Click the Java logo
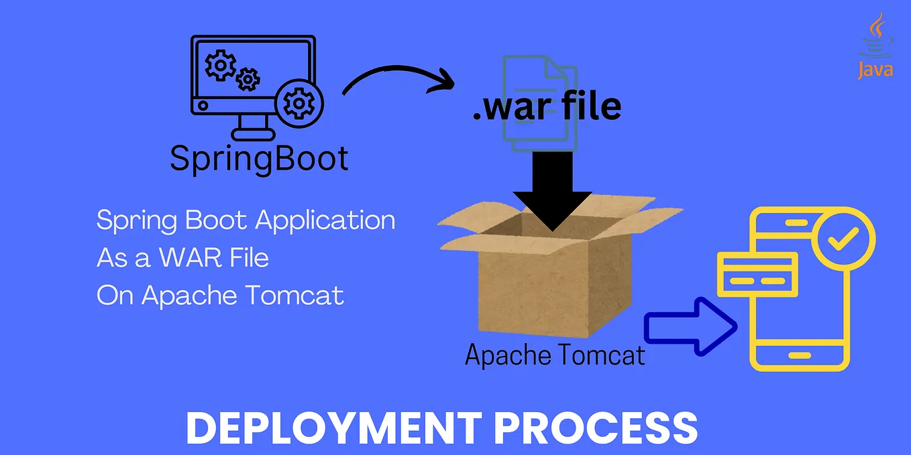click(x=875, y=46)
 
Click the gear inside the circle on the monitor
click(x=299, y=104)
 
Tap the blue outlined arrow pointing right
click(x=691, y=326)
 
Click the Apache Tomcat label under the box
click(x=555, y=354)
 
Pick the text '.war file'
click(x=547, y=107)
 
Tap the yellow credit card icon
click(x=757, y=275)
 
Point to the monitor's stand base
click(x=253, y=134)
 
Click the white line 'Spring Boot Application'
click(x=246, y=220)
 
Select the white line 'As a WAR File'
click(x=182, y=258)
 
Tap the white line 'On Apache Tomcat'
click(x=220, y=296)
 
